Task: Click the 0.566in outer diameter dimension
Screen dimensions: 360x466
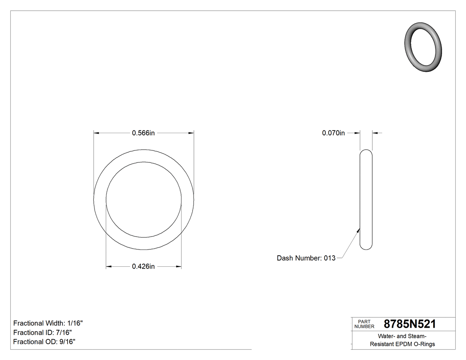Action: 143,133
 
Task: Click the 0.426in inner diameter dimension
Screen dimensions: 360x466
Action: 143,266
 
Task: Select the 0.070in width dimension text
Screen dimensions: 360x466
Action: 333,133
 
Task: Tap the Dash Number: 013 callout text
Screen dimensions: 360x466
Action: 306,258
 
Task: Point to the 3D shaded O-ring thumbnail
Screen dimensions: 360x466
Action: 424,47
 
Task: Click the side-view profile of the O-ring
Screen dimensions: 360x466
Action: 366,200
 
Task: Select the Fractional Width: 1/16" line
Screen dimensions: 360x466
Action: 48,323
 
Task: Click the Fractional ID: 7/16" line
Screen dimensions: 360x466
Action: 43,332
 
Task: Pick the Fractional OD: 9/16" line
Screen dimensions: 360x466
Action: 44,342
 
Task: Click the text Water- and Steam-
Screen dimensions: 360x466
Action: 402,336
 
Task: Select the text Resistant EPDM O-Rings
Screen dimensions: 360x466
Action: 402,344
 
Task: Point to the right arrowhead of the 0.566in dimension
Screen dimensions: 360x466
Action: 191,133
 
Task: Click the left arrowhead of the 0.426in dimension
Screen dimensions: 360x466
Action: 108,266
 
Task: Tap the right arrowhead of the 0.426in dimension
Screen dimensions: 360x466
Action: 179,266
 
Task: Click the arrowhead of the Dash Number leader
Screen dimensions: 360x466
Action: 359,229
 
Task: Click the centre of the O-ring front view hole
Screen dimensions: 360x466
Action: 144,200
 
